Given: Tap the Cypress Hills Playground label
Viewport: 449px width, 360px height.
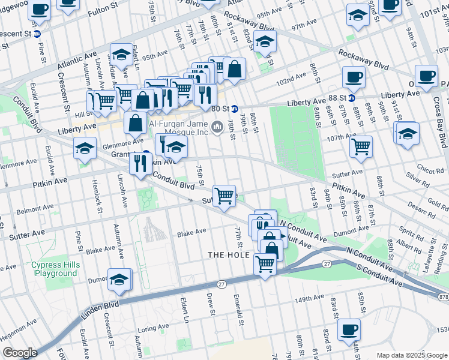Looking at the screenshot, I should (55, 269).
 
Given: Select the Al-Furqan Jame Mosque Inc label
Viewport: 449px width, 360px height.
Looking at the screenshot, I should (178, 124).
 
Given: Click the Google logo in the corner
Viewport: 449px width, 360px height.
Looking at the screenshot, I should (19, 353).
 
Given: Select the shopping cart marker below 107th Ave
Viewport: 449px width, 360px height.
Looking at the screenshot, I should (361, 146).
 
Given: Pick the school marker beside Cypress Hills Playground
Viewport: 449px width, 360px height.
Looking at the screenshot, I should (119, 279).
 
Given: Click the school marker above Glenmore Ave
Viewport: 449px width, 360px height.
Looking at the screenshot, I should (85, 148).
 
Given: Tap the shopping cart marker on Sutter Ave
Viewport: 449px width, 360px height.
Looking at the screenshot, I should (224, 194).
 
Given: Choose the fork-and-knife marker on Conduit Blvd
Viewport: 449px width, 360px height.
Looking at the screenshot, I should (140, 163).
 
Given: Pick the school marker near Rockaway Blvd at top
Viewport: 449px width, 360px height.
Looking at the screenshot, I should (264, 42).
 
